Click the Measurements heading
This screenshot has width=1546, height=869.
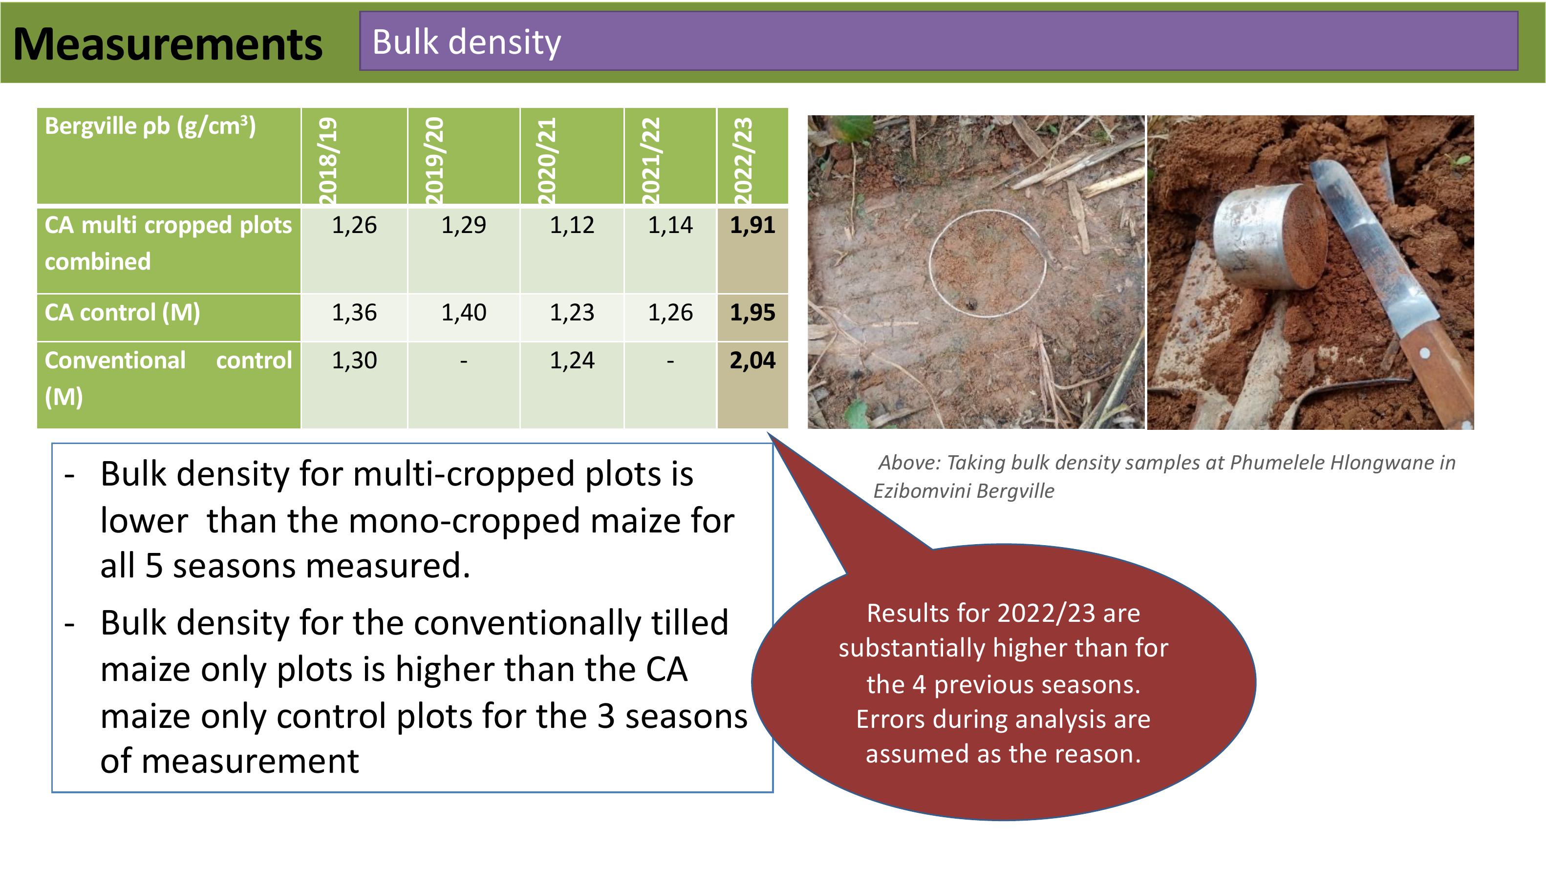(168, 45)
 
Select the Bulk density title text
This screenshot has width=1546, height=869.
(466, 42)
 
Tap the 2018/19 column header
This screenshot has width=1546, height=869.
(328, 161)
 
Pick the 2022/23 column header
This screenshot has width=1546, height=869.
(742, 161)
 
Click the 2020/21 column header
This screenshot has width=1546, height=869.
(546, 161)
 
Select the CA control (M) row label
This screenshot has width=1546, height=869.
(123, 313)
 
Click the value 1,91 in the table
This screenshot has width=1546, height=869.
(752, 225)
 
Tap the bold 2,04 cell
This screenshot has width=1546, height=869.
(752, 360)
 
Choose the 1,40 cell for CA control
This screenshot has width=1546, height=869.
(463, 313)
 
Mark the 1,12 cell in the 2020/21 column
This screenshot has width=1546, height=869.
(572, 225)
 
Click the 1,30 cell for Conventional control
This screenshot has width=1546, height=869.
(354, 360)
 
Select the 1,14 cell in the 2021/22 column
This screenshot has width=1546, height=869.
(670, 225)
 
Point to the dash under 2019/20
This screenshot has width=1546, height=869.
(463, 361)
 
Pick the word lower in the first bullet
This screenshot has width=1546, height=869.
(144, 520)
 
